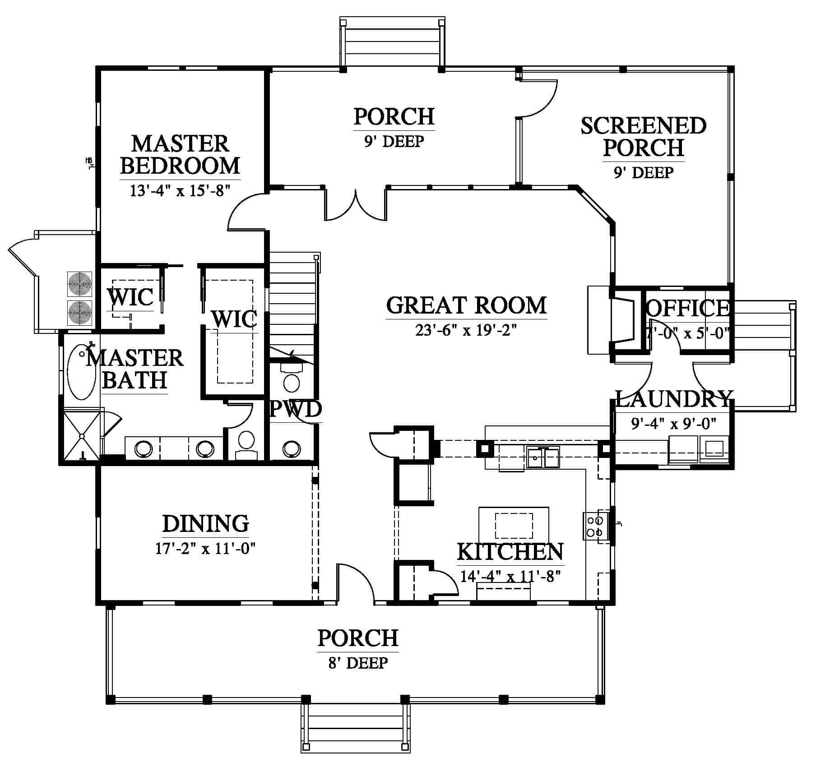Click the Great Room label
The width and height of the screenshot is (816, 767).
tap(466, 305)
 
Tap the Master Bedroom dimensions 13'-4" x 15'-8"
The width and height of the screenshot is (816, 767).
tap(180, 190)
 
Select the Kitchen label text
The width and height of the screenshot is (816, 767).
tap(510, 551)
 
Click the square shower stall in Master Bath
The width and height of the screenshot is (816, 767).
tap(82, 436)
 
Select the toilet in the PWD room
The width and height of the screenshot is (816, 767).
tap(292, 379)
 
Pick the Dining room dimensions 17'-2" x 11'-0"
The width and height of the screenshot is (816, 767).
tap(205, 549)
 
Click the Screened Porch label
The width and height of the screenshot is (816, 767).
tap(643, 137)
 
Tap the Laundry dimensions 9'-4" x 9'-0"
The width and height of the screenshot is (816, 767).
tap(673, 424)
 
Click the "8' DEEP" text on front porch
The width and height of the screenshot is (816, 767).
tap(358, 663)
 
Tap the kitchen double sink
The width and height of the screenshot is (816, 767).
tap(543, 457)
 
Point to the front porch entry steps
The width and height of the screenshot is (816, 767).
tap(356, 727)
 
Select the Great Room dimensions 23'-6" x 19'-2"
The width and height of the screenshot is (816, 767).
tap(465, 331)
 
